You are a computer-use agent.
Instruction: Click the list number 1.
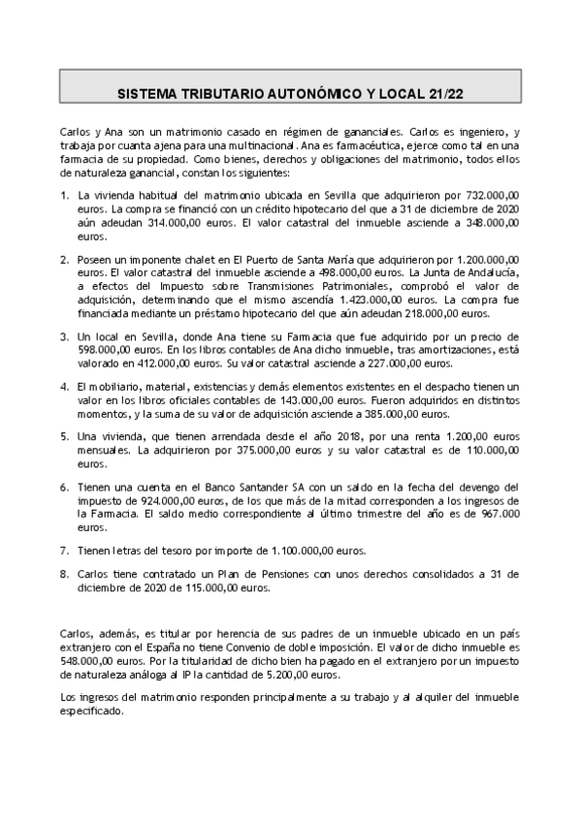click(x=64, y=195)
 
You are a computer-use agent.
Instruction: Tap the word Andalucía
click(x=491, y=273)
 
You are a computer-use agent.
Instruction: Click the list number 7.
click(x=64, y=550)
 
